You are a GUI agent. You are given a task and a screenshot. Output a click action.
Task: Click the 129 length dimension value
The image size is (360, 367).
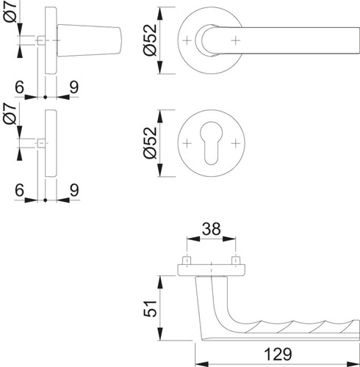click(x=278, y=354)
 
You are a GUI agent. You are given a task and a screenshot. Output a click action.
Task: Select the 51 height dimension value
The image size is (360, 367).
click(x=150, y=308)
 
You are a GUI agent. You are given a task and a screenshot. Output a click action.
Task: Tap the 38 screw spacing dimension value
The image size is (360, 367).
click(x=211, y=229)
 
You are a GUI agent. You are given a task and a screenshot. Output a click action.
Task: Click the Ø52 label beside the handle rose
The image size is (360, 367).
click(x=150, y=40)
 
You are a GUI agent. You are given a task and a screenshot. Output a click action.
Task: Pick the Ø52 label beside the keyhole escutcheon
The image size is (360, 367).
click(x=150, y=143)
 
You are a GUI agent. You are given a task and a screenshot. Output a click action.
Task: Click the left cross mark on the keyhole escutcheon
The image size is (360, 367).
click(x=187, y=143)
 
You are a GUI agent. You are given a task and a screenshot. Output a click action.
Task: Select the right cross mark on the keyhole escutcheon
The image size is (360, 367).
click(x=236, y=143)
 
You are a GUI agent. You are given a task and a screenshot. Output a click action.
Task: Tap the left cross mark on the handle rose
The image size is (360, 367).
click(x=187, y=40)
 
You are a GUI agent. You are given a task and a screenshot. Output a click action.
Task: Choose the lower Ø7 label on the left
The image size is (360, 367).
click(x=10, y=114)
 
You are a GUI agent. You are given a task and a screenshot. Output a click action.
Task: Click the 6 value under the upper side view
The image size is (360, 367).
click(x=19, y=87)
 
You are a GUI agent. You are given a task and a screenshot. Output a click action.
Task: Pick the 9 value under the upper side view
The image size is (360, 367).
click(x=74, y=87)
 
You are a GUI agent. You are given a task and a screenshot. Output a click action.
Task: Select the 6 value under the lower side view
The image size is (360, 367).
click(x=19, y=190)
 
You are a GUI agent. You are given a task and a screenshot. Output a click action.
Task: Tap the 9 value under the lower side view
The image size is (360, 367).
click(x=74, y=190)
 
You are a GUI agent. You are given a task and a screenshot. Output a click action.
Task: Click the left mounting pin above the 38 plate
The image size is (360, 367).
click(x=187, y=261)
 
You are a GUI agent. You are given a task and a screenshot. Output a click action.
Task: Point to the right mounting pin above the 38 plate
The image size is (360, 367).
click(x=236, y=261)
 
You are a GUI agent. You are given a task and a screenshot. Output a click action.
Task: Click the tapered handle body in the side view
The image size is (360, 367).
click(x=89, y=40)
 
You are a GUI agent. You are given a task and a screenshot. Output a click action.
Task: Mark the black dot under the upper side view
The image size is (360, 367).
click(x=45, y=97)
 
